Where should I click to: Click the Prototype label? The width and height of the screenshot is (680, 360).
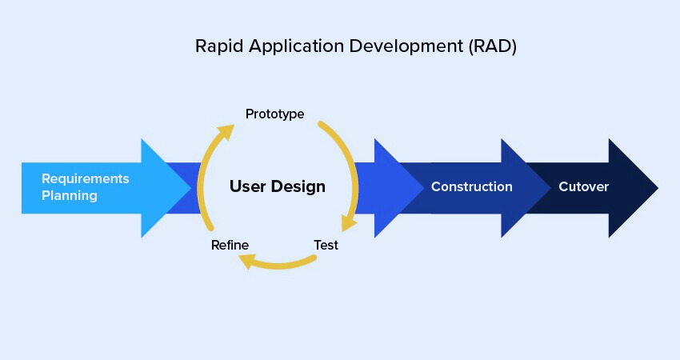click(x=274, y=114)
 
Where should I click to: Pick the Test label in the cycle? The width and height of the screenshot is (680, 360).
click(x=326, y=245)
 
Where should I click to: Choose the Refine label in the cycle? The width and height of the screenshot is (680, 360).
click(x=230, y=245)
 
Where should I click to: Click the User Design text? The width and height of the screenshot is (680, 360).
click(x=278, y=187)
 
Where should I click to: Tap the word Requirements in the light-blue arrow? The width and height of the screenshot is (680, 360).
click(x=85, y=178)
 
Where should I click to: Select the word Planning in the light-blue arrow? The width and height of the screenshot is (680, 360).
click(x=70, y=195)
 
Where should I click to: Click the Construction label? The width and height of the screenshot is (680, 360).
click(x=471, y=187)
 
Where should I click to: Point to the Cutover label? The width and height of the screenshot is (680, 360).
click(x=583, y=187)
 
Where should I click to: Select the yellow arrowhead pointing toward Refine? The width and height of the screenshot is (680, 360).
click(x=248, y=260)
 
